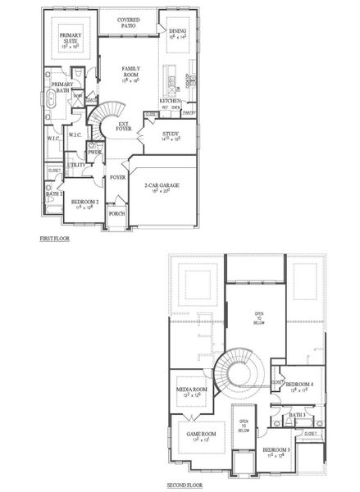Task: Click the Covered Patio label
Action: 127,22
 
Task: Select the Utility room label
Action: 76,165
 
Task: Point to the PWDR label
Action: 94,153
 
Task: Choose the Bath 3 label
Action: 297,416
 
